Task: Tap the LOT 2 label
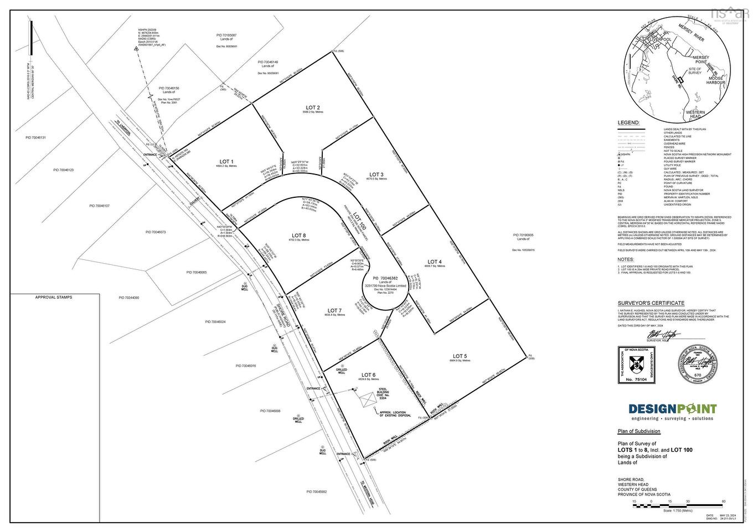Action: [313, 107]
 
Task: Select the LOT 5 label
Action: [460, 356]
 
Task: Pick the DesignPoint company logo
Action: [672, 410]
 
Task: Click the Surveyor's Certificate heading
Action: [651, 303]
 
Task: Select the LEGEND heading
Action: [628, 122]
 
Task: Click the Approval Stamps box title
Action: [54, 298]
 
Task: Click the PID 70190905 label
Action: [523, 235]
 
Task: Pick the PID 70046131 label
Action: [36, 137]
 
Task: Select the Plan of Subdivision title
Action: [639, 431]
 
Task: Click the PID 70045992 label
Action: [317, 492]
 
